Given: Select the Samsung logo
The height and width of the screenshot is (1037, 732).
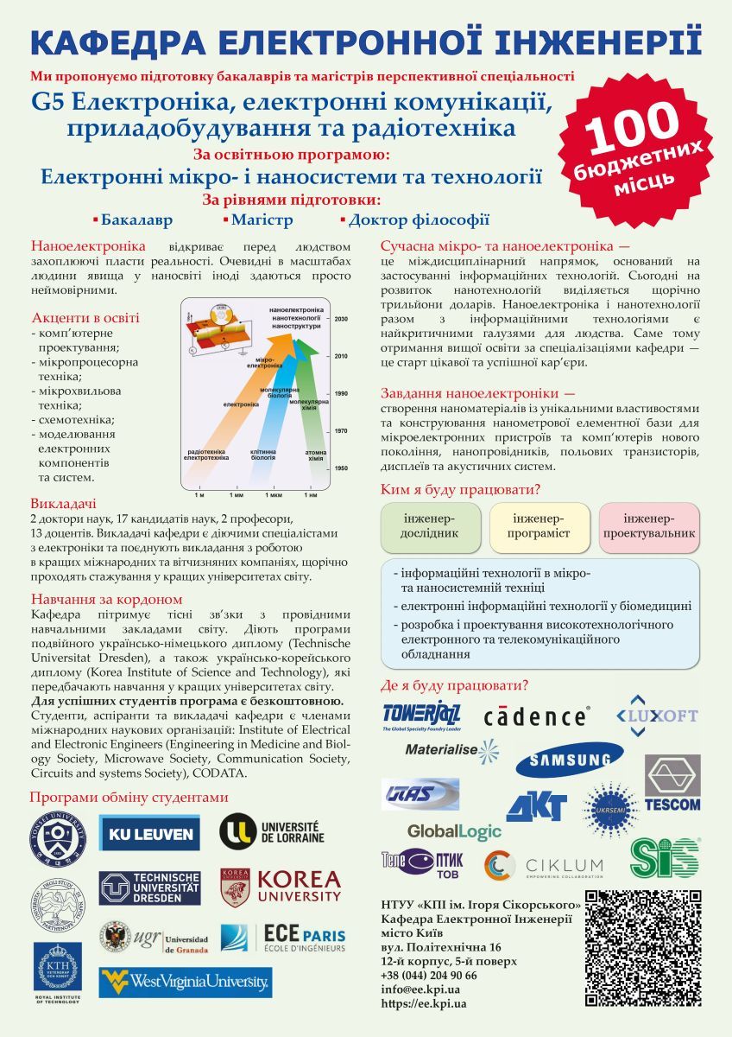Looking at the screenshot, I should (570, 760).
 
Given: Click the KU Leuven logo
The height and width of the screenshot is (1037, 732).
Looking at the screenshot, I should (149, 833).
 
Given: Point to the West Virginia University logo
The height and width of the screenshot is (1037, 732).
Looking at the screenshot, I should (185, 981).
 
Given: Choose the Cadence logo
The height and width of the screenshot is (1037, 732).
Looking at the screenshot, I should (536, 716).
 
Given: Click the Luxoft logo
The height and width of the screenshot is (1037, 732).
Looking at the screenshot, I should (656, 716).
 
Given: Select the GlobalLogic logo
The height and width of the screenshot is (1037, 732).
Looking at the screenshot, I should (454, 831).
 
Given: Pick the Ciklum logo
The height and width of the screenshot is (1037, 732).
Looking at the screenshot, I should (544, 865).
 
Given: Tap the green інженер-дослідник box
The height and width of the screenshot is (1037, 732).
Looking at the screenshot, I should (430, 525).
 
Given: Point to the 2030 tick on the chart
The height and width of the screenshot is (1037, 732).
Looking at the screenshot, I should (342, 318).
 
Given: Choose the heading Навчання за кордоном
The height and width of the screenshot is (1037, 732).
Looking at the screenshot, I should (106, 599).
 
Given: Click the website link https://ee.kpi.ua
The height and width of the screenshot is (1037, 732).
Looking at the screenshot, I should (424, 1003).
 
